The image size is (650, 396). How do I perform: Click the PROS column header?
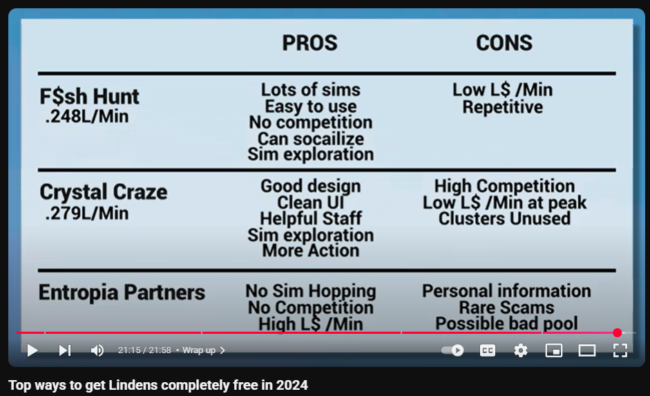309,43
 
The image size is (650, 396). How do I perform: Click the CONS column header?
504,43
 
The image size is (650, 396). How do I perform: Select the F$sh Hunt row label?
89,97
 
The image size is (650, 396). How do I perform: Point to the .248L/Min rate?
86,117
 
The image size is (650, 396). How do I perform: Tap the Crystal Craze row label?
103,192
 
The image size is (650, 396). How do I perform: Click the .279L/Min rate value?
86,214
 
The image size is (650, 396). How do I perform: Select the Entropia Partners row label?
122,292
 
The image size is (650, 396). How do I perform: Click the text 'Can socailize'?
311,139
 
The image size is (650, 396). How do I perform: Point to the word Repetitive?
502,107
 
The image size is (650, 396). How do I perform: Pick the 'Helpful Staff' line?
311,218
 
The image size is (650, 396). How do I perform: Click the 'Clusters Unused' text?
504,218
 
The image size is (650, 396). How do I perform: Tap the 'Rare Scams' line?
506,308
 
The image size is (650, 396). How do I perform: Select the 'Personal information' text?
506,291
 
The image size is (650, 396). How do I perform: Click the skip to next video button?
65,350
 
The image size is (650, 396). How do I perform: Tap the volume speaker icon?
97,350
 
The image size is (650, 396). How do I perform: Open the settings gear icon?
521,350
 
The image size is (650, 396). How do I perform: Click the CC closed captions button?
488,350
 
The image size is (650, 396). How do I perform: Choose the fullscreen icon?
620,350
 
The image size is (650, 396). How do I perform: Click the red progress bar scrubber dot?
618,332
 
